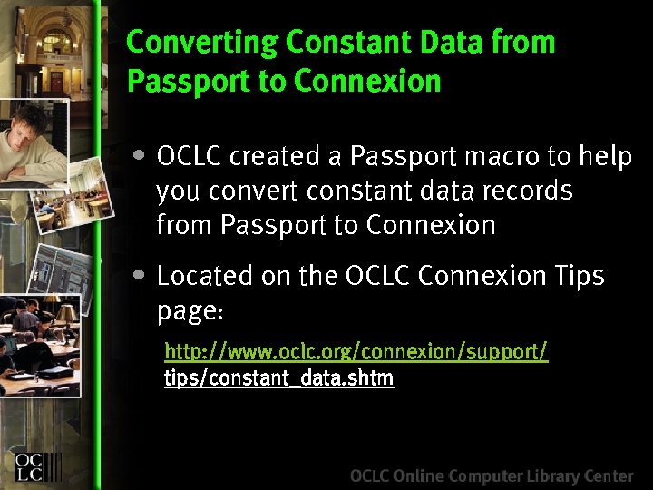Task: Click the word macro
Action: [502, 157]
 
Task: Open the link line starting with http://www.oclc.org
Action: [356, 351]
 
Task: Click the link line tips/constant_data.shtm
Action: [278, 378]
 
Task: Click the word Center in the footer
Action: [608, 475]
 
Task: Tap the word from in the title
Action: [523, 43]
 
